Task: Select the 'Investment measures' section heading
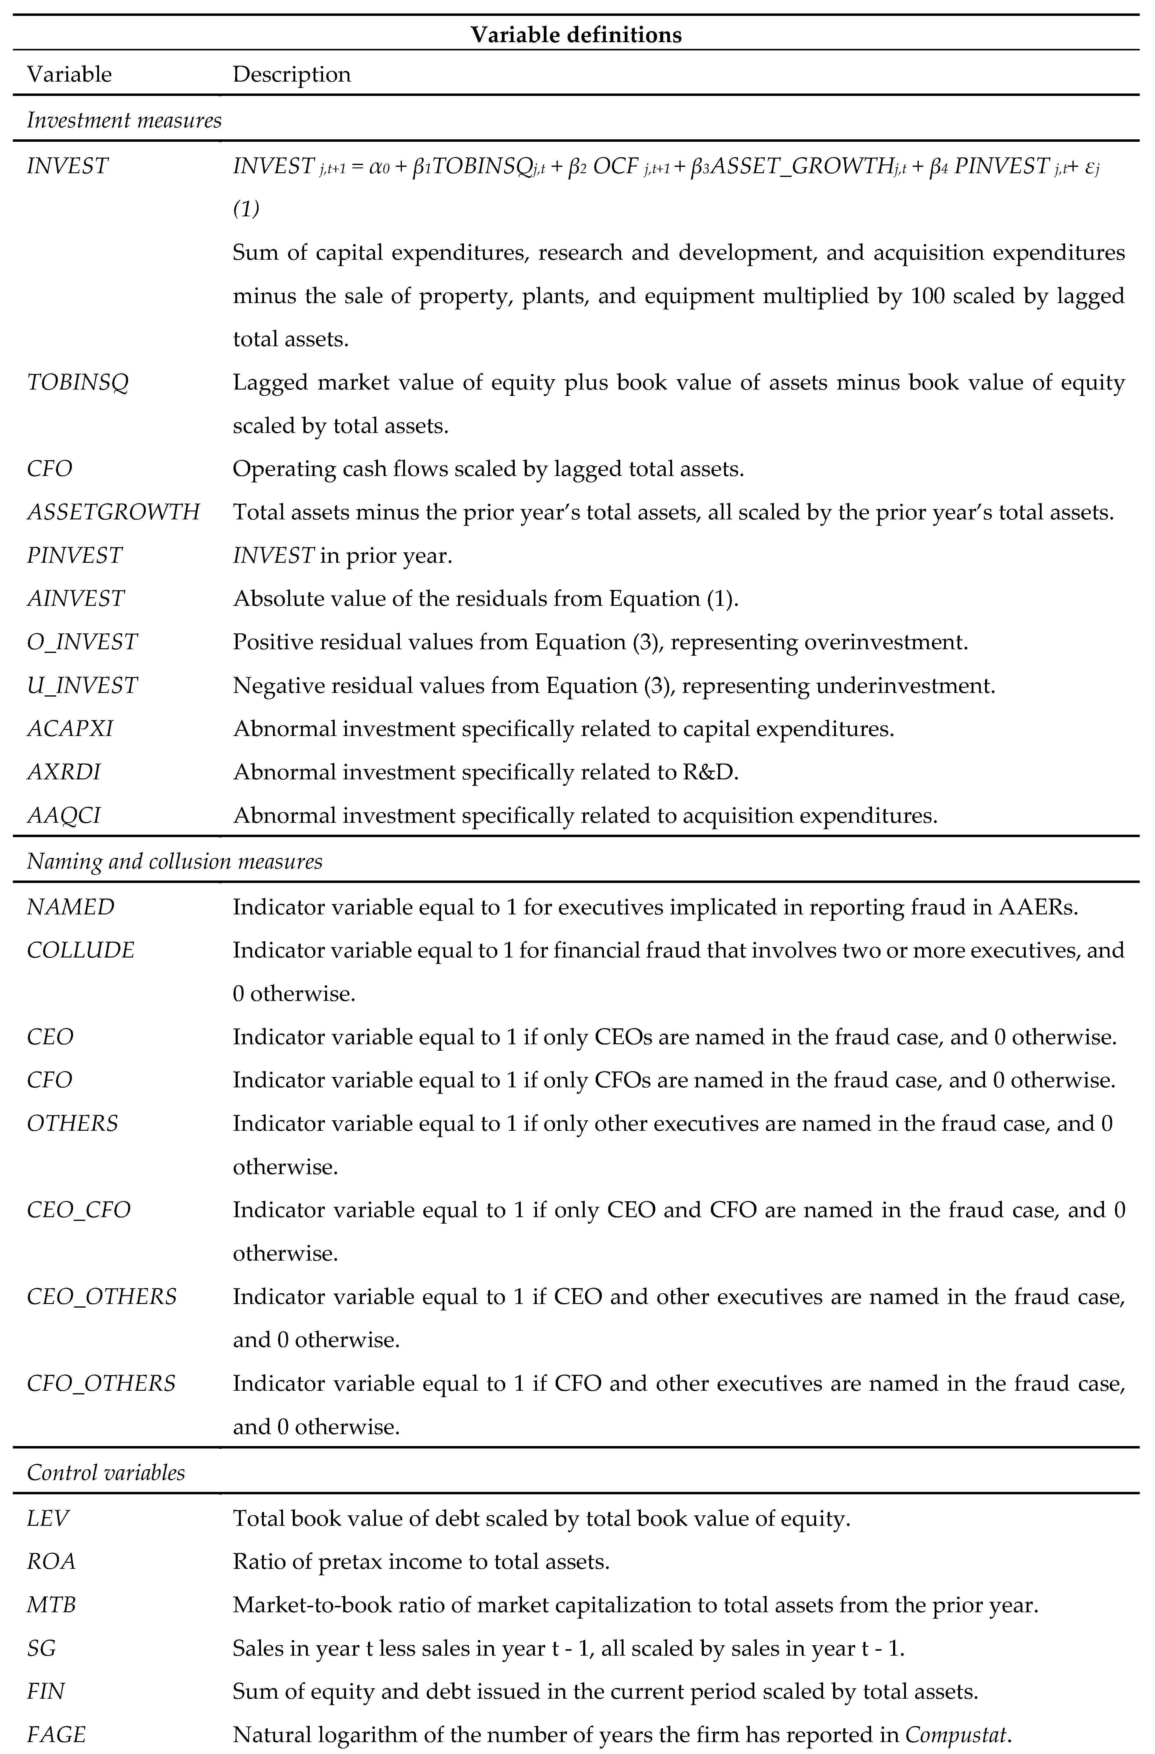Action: (124, 120)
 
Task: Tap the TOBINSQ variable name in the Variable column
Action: (77, 383)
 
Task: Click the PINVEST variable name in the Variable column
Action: (75, 555)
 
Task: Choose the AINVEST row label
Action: (76, 599)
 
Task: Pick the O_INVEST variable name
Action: (82, 642)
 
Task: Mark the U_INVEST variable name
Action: (82, 685)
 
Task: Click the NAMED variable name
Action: (71, 907)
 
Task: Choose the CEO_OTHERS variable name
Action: (102, 1296)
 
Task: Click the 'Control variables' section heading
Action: (105, 1473)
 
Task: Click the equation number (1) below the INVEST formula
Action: (246, 209)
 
